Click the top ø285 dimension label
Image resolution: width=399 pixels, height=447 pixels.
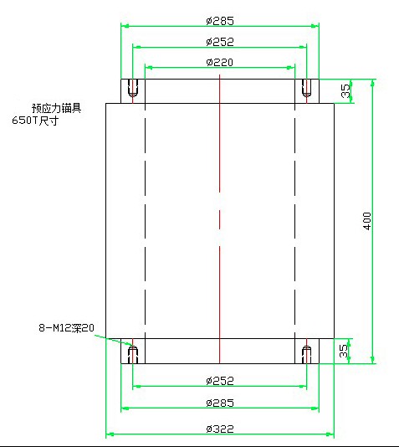220,21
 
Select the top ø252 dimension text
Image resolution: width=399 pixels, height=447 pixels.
220,42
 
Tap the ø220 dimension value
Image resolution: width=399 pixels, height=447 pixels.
220,62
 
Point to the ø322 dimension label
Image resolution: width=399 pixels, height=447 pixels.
220,429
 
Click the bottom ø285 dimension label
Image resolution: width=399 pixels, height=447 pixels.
220,403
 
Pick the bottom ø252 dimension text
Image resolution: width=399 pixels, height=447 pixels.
220,381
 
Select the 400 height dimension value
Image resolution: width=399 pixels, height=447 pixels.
367,221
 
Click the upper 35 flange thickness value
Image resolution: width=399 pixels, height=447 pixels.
345,90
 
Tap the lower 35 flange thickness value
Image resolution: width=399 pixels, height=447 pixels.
344,351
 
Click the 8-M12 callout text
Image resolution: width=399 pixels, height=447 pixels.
66,328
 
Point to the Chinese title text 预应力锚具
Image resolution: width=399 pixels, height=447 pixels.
57,108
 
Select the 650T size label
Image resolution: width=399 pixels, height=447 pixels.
35,121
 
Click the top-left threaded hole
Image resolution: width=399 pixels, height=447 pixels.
133,88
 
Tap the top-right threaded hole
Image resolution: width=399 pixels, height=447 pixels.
306,88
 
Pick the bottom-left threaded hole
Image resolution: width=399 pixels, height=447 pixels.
133,354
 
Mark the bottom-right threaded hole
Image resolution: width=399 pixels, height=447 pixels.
306,354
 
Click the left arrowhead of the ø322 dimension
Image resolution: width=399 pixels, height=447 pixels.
110,434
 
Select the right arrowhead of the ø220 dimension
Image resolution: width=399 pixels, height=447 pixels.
291,68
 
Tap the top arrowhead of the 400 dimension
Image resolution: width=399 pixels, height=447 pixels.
372,83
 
